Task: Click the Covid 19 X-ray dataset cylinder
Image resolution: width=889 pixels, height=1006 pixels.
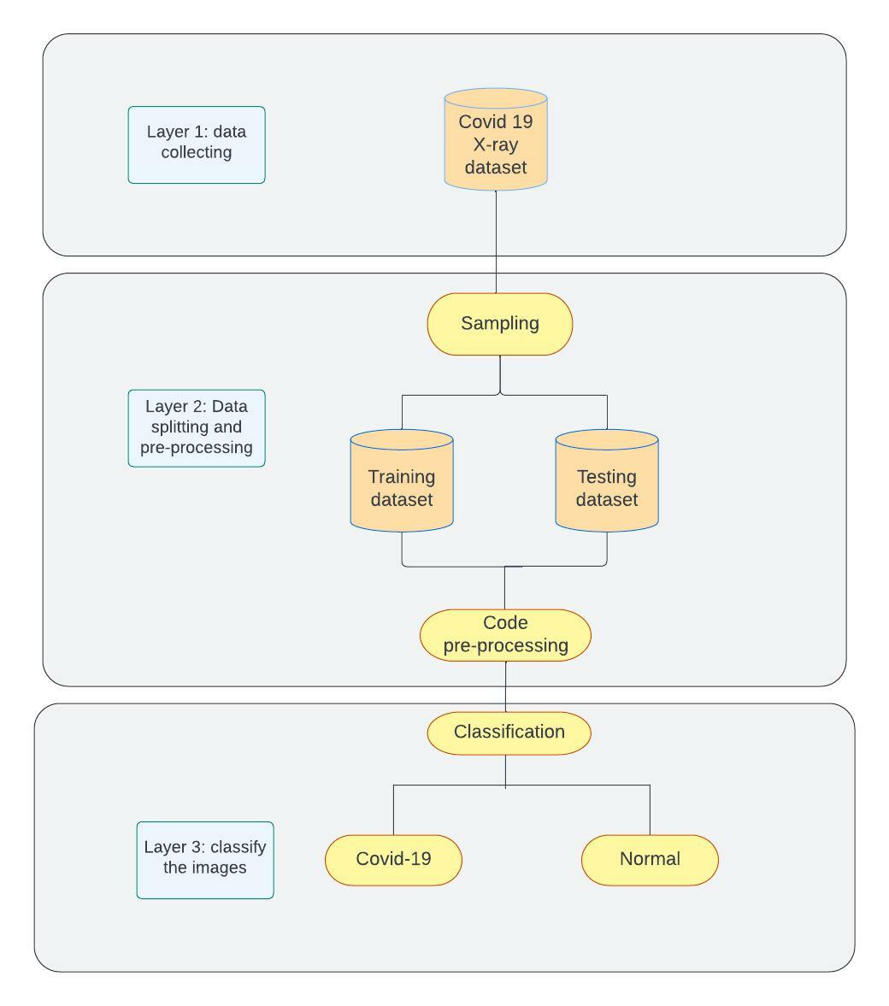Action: (496, 141)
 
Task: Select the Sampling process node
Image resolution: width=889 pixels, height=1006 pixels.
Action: (500, 324)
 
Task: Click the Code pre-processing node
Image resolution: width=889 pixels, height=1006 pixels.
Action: (505, 635)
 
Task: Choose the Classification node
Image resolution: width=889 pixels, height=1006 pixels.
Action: (509, 732)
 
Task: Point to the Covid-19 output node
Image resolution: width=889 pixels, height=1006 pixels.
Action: (393, 860)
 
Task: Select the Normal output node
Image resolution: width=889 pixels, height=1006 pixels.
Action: (650, 860)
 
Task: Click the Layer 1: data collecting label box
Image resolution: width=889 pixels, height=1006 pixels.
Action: (197, 144)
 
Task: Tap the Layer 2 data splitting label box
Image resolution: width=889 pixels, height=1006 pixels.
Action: (197, 427)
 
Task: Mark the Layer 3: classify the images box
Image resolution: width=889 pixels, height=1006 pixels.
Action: (205, 860)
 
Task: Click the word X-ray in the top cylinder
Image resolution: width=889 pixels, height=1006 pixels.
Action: (496, 144)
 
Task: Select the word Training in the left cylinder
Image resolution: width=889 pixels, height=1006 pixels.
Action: (402, 477)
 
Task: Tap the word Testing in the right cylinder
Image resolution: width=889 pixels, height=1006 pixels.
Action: (607, 477)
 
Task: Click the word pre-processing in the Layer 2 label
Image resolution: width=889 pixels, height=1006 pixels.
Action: (197, 448)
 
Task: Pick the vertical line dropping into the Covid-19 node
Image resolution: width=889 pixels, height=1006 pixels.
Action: (393, 810)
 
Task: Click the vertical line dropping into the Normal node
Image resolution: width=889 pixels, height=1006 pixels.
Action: (650, 810)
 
